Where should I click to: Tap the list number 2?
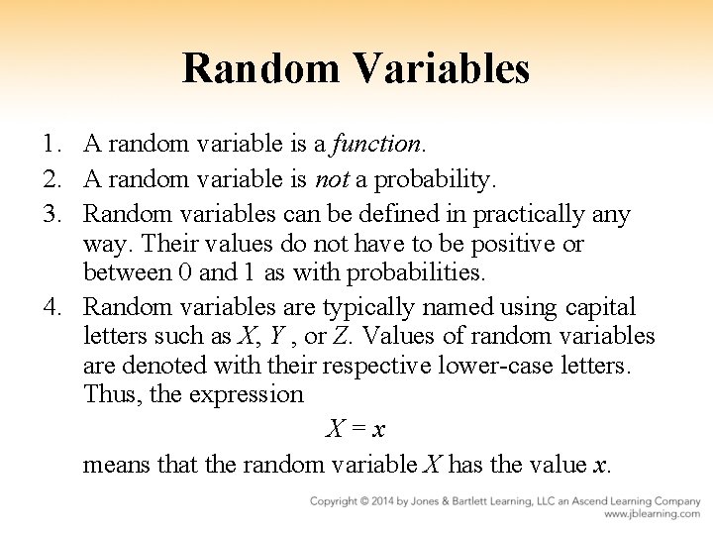(56, 179)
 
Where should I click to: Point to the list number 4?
(56, 308)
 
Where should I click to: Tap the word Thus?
(111, 394)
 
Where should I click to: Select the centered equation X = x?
(356, 429)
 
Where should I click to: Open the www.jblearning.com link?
(654, 514)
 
